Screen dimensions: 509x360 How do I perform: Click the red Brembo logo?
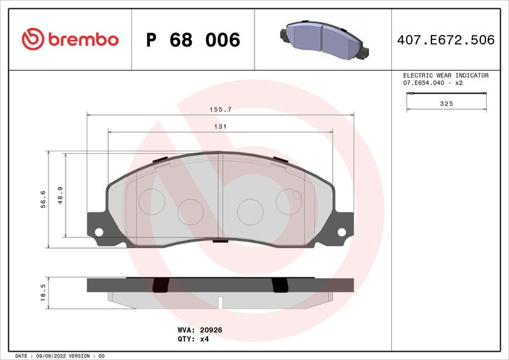tap(70, 39)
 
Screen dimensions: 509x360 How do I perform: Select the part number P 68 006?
tap(193, 40)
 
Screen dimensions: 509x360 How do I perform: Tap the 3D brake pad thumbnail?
tap(324, 40)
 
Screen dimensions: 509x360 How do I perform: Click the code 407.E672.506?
tap(446, 40)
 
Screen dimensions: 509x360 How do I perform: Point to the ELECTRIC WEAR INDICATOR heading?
tap(446, 75)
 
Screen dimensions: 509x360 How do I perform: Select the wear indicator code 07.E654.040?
tap(423, 83)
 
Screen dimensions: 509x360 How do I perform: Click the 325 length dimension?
tap(447, 104)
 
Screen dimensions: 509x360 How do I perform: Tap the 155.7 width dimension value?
tap(220, 110)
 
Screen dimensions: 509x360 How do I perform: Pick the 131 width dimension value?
tap(220, 127)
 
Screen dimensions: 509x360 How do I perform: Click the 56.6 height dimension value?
tap(43, 199)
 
